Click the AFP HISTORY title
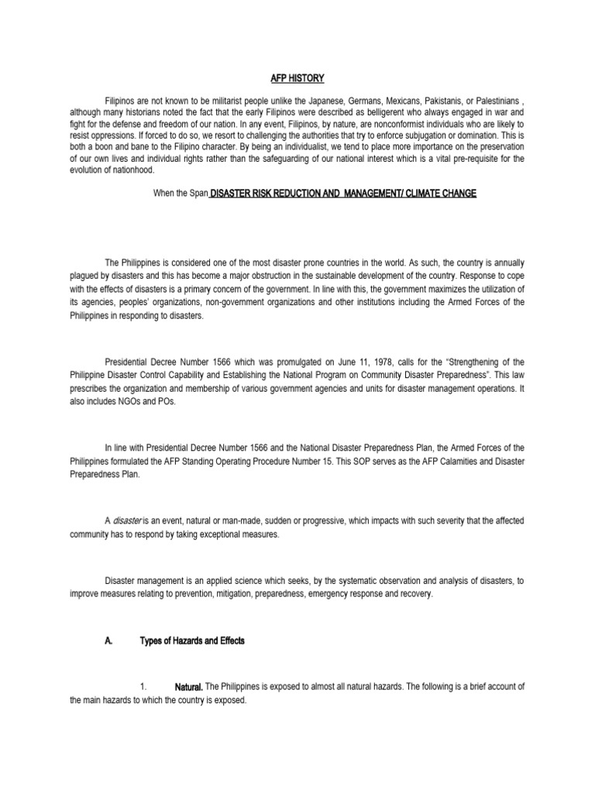[297, 78]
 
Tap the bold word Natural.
[188, 688]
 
